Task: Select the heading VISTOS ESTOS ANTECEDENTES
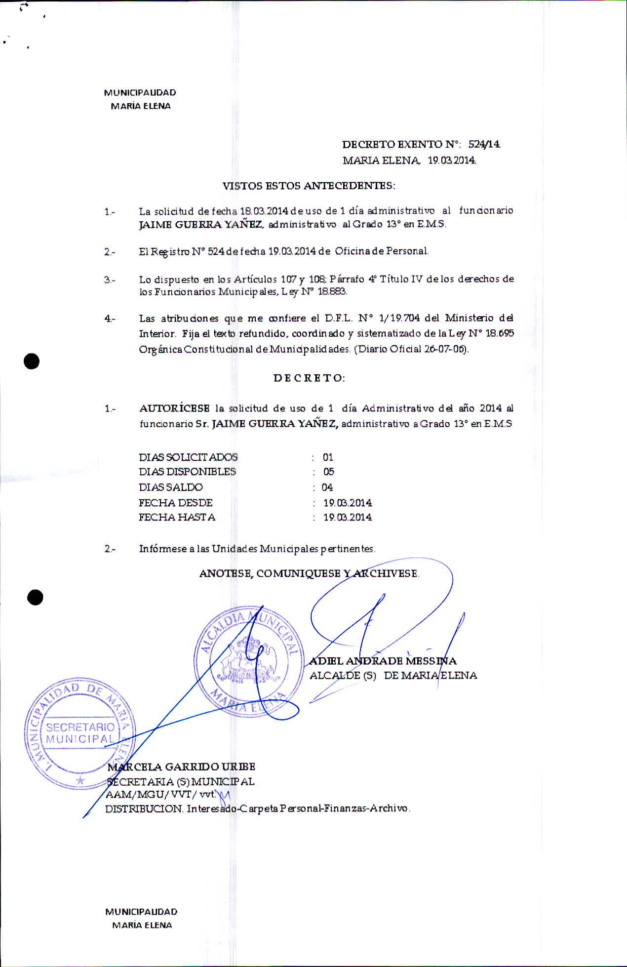(x=309, y=186)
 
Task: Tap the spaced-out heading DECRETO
(x=309, y=378)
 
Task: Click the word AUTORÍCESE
(x=174, y=408)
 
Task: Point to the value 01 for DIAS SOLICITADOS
(x=328, y=457)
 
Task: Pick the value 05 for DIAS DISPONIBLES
(x=328, y=472)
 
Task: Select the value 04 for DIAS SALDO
(x=327, y=487)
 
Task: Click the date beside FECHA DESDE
(x=348, y=503)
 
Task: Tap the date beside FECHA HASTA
(x=348, y=518)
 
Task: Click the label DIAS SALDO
(x=171, y=487)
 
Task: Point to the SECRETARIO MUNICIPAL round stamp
(x=79, y=733)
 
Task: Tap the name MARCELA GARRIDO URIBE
(x=182, y=766)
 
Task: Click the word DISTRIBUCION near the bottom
(x=144, y=809)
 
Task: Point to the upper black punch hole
(x=32, y=362)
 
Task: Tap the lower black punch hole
(x=36, y=598)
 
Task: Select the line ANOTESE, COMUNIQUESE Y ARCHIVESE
(x=309, y=573)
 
